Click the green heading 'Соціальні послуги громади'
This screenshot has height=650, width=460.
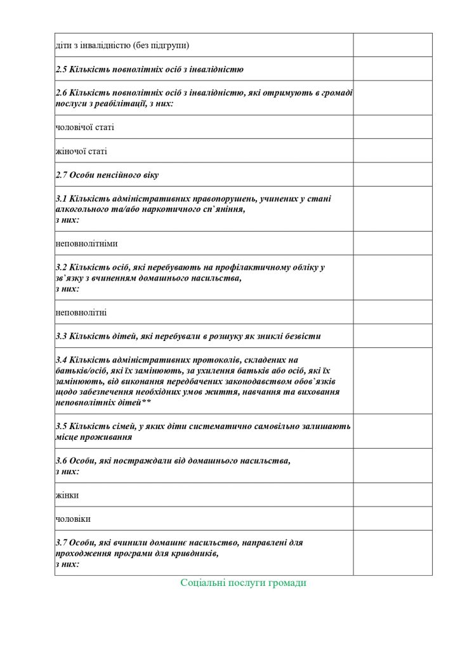[243, 583]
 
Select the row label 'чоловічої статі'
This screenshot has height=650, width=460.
[85, 128]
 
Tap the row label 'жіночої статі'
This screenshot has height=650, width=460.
[81, 151]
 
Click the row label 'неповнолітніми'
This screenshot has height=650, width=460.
[86, 243]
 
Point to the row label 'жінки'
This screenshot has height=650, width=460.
[67, 495]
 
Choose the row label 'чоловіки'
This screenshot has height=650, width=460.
[73, 519]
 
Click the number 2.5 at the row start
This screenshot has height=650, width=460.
[62, 69]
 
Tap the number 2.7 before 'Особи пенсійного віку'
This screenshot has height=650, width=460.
[62, 175]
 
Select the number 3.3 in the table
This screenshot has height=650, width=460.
[62, 336]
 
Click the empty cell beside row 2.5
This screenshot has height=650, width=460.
[392, 69]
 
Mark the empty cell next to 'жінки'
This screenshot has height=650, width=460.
[392, 495]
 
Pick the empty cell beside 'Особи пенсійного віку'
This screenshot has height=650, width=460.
[392, 175]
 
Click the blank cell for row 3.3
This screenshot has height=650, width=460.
[392, 336]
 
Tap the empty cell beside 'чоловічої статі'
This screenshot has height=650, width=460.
[392, 128]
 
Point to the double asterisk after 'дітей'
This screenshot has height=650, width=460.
[147, 402]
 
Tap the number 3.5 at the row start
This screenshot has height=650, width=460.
[62, 427]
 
